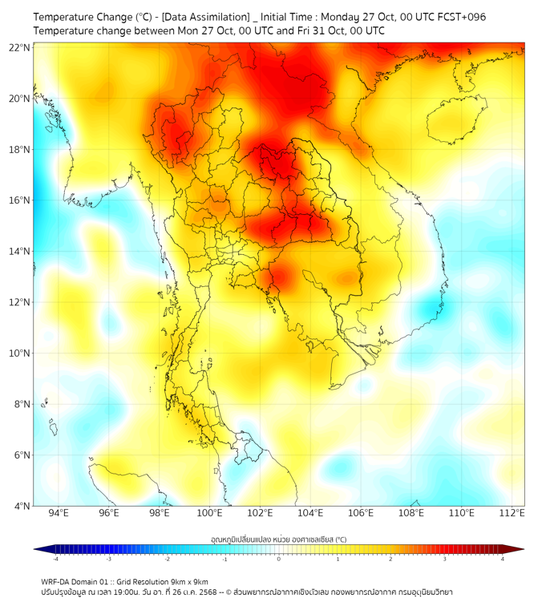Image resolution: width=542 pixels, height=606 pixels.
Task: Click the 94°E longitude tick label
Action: click(59, 513)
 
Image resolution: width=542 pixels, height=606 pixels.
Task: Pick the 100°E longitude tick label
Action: click(210, 513)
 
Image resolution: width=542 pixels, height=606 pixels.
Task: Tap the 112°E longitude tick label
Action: click(512, 513)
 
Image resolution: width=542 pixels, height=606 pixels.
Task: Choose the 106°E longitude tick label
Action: click(361, 513)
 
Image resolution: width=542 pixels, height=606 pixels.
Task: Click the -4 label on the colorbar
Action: click(55, 559)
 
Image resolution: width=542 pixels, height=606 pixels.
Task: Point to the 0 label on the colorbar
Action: click(279, 559)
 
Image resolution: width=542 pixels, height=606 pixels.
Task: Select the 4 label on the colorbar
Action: click(502, 559)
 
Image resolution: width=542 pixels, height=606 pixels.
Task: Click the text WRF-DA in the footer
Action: click(57, 581)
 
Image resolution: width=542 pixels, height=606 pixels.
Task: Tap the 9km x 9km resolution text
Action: click(187, 581)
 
